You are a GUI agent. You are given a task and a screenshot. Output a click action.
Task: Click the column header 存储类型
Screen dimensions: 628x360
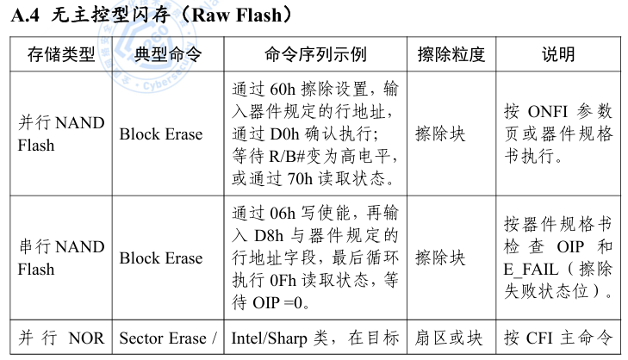pos(61,54)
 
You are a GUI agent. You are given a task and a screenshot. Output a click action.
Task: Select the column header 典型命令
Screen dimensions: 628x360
pos(168,54)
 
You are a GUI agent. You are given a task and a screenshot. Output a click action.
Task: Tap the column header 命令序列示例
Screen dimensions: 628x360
pos(315,54)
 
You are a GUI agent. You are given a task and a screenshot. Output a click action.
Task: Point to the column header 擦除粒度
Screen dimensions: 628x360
pos(451,54)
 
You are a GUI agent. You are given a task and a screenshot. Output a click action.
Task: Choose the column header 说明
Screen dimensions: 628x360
pos(558,54)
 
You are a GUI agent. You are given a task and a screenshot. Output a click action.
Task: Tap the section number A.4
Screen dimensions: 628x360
pos(25,16)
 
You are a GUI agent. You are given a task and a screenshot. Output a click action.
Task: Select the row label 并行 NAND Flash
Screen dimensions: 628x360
pos(61,133)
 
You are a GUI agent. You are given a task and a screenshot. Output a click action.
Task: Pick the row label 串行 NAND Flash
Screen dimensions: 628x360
pos(61,258)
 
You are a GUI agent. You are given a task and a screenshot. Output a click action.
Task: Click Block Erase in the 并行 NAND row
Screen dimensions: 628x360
pos(161,134)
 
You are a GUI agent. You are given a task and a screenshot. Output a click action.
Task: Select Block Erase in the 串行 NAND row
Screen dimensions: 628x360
pos(161,258)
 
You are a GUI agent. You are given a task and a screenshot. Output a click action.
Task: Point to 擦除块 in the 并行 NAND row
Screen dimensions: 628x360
pos(440,134)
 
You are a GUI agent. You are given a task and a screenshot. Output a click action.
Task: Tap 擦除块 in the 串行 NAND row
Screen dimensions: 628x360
pos(440,258)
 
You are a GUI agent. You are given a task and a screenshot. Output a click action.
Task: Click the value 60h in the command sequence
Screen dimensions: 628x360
pos(283,90)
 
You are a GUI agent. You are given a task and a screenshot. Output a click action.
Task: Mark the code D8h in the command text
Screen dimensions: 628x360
pos(269,236)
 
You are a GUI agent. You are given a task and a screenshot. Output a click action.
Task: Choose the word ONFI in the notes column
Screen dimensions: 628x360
pos(548,112)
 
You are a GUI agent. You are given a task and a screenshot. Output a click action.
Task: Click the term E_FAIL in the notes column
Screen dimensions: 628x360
pos(531,270)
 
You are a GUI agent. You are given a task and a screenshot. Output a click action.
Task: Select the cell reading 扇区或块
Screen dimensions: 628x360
pos(448,338)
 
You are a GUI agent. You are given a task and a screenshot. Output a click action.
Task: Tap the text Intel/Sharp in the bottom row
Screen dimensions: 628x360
pos(269,338)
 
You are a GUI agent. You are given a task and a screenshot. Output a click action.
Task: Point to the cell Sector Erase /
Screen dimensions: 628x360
pos(168,338)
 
